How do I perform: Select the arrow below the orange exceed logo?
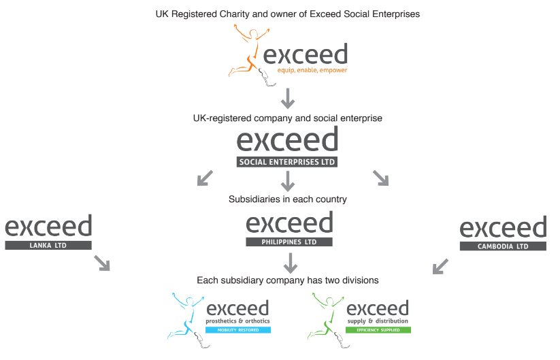click(288, 99)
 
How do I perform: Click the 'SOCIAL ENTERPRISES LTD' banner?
click(287, 163)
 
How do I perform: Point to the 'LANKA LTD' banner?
click(48, 245)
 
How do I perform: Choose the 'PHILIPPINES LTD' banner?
click(289, 242)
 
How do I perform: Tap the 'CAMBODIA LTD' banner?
click(503, 246)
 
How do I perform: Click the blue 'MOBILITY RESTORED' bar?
click(238, 330)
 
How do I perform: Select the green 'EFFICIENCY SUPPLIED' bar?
click(378, 330)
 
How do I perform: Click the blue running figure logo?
click(186, 316)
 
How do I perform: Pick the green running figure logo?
click(326, 316)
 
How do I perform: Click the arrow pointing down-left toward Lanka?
click(204, 178)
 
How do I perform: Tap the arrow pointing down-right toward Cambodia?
click(380, 178)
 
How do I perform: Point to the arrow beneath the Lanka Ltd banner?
click(102, 263)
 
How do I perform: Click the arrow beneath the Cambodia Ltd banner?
click(440, 265)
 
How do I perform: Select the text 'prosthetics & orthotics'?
click(237, 321)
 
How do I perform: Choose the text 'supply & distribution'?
click(378, 321)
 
